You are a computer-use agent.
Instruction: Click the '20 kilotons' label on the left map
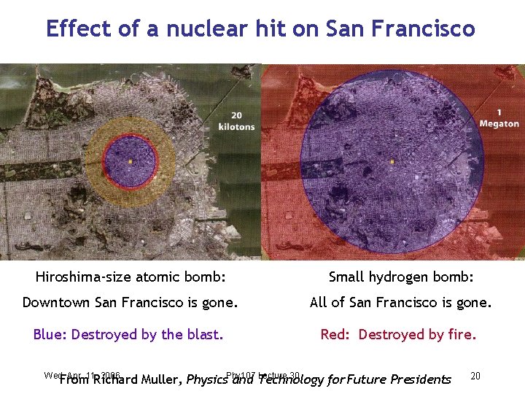point(236,121)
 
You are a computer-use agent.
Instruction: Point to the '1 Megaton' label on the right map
point(499,118)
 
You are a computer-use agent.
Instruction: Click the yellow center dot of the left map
point(130,161)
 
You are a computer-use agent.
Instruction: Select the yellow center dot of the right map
point(392,161)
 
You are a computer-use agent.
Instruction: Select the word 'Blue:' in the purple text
point(50,335)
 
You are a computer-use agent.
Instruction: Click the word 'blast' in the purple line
point(203,335)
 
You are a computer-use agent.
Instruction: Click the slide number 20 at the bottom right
point(475,376)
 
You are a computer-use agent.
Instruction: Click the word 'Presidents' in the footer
point(421,379)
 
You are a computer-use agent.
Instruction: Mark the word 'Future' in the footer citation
point(366,379)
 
